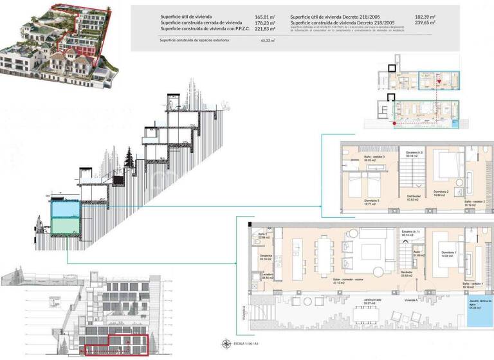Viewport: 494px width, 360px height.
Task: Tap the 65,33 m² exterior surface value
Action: (268, 40)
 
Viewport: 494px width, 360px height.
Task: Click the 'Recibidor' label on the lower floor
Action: (407, 273)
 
